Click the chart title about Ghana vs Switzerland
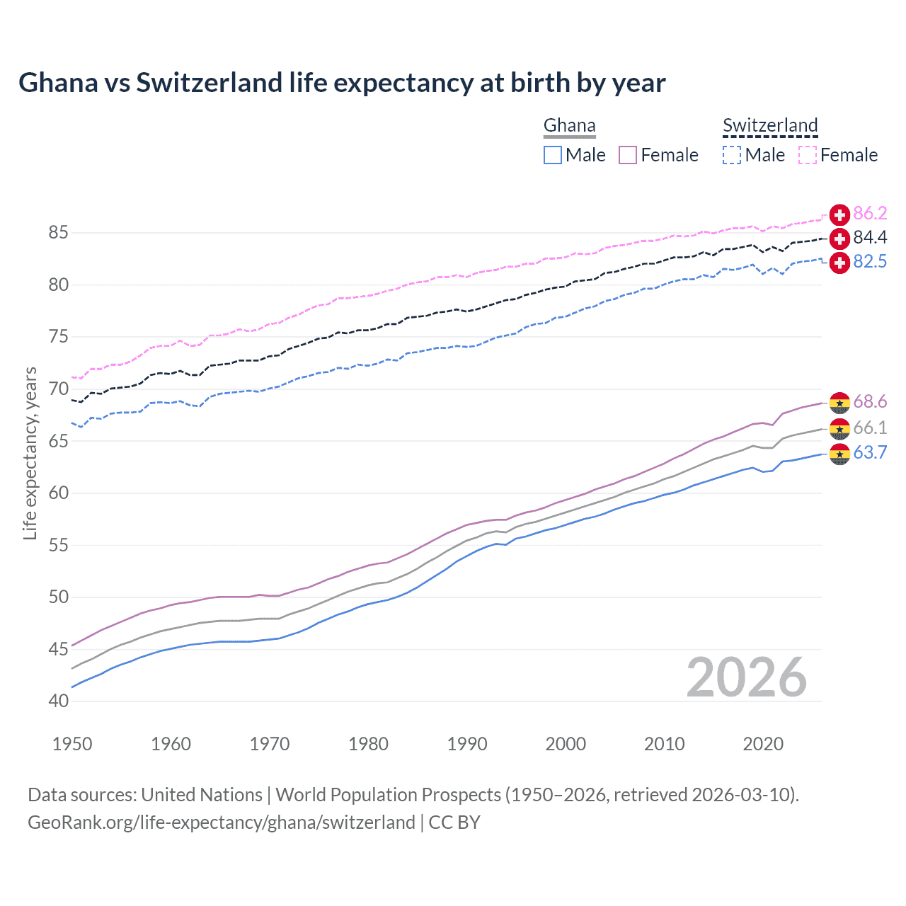(x=342, y=83)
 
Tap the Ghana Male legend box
(x=553, y=155)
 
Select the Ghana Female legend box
(x=628, y=155)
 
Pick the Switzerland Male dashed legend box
(x=732, y=155)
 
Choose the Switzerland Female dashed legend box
(x=808, y=155)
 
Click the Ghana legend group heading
(x=569, y=126)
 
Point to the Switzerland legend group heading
(x=770, y=126)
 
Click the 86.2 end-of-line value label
(x=870, y=214)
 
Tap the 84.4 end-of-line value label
(x=870, y=238)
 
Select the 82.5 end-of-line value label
(x=870, y=262)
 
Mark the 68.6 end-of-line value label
(x=870, y=402)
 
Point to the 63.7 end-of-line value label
(x=870, y=453)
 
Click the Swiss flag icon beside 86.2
(x=839, y=214)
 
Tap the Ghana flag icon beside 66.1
(x=839, y=428)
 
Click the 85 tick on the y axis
(x=59, y=233)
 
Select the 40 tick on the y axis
(x=59, y=701)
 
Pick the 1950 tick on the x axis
(x=72, y=744)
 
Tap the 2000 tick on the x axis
(x=566, y=744)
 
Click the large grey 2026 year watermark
(x=747, y=677)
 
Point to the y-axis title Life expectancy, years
(x=30, y=453)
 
